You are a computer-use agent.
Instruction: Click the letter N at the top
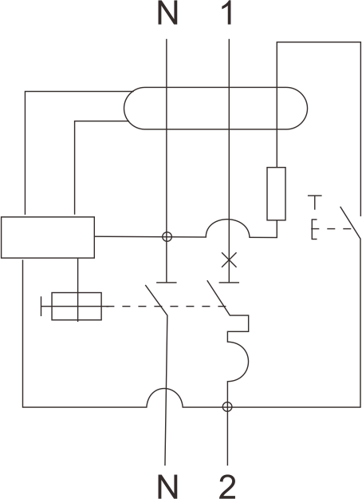167,14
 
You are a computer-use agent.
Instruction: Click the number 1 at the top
227,14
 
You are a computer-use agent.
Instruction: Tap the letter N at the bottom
167,486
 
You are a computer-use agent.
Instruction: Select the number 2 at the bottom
227,486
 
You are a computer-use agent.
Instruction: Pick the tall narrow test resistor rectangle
276,193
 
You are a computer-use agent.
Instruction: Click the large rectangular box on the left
48,237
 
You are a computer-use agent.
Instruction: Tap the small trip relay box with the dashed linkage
77,306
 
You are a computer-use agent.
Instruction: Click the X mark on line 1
229,260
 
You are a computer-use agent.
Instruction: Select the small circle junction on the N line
167,237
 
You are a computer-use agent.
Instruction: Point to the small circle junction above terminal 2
227,406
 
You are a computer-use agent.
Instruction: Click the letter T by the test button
315,202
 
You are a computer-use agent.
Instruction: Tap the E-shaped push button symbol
314,229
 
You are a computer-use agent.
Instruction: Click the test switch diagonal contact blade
350,223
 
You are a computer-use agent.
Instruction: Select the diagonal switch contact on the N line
156,300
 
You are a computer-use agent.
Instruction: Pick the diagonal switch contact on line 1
218,298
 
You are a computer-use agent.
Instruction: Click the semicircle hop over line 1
227,219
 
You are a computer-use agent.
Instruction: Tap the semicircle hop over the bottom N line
164,388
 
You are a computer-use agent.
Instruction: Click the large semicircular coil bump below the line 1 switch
248,361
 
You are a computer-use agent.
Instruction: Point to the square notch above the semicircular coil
249,323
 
